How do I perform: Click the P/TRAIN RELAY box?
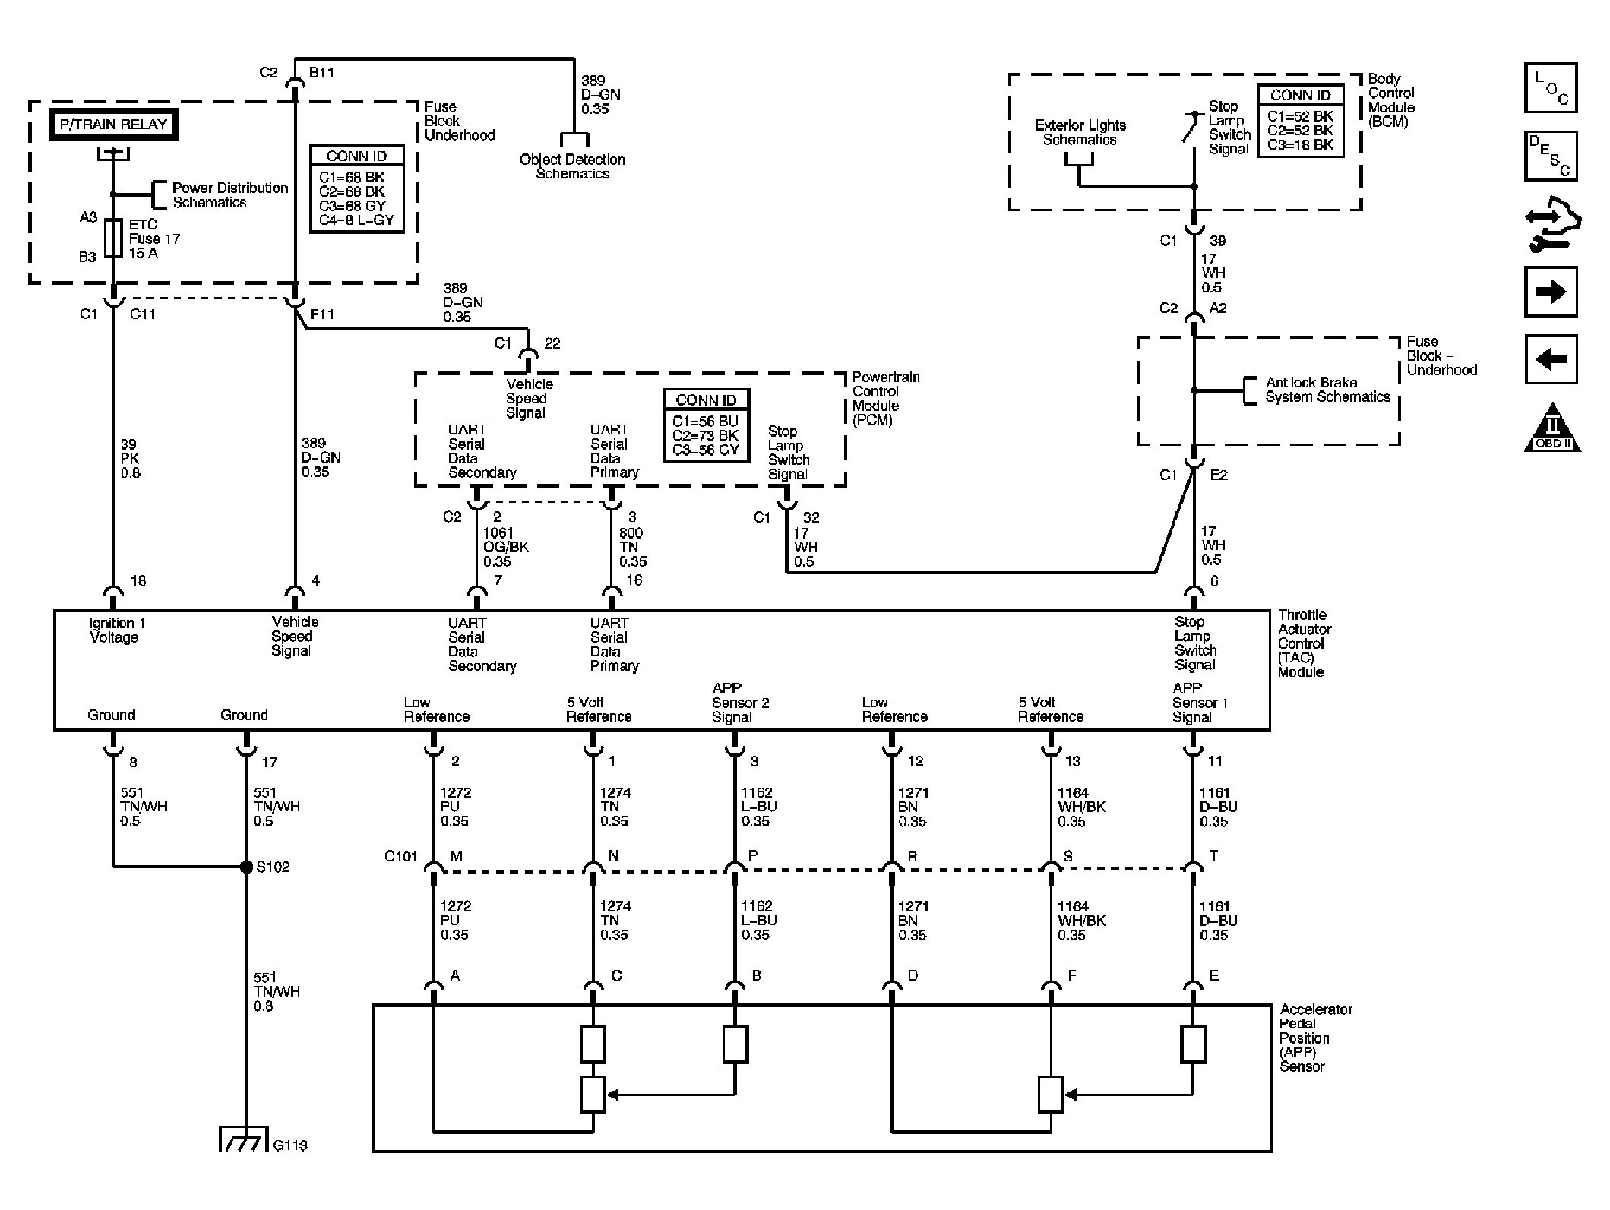point(113,125)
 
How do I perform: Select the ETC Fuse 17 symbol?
point(113,239)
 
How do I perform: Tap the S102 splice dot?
point(246,867)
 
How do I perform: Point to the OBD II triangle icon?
point(1552,429)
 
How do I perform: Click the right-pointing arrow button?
point(1551,292)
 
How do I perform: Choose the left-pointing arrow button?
point(1551,359)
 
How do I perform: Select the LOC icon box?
point(1551,88)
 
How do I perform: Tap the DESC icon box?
point(1551,156)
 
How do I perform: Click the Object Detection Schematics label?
point(572,166)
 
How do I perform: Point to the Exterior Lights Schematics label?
point(1080,132)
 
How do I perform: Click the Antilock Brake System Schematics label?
point(1327,390)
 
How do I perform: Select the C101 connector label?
point(400,857)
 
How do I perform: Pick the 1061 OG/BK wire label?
point(505,547)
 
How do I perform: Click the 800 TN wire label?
point(632,547)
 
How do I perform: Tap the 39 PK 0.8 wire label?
point(131,458)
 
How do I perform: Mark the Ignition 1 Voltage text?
point(116,630)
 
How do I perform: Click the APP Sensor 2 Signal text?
point(739,703)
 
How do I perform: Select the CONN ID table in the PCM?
point(706,426)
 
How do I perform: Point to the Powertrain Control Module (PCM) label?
point(884,398)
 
